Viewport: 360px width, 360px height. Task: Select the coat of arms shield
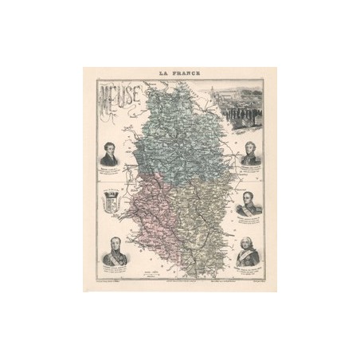[111, 202]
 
